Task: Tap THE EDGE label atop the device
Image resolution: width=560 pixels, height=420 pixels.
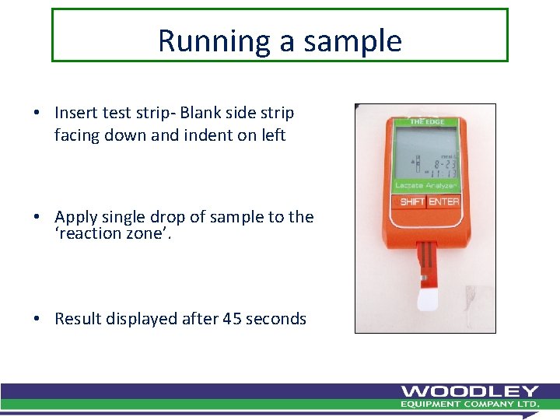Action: pos(426,122)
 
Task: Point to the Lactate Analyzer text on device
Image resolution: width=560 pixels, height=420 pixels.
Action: pos(425,186)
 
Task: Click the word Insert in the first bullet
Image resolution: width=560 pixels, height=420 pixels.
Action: pos(76,113)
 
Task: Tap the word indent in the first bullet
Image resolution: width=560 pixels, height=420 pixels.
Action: pos(205,135)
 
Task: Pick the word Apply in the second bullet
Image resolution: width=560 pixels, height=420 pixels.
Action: pos(75,217)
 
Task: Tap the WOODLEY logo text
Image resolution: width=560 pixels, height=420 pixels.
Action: pos(470,391)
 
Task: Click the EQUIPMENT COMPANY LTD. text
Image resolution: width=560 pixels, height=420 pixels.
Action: pos(470,404)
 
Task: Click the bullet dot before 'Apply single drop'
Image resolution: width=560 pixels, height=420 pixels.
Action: pos(37,218)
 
